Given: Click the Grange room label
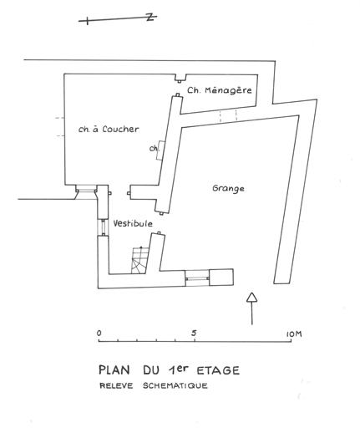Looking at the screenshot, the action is click(228, 189).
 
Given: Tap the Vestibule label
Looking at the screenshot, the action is click(133, 223).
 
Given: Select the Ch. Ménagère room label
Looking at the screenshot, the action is click(220, 90).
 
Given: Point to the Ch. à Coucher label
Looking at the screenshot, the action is click(109, 130).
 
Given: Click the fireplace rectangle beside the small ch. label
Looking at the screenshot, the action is click(160, 150).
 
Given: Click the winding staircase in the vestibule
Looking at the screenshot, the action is click(139, 260).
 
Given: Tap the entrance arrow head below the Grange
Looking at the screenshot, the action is click(251, 298).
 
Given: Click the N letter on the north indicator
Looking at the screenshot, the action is click(150, 18).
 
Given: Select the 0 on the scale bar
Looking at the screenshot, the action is click(99, 333).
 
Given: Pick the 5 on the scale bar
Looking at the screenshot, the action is click(194, 333).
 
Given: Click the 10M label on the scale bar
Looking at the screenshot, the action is click(294, 334).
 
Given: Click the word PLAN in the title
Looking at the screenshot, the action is click(114, 370).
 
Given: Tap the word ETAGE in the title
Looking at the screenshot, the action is click(218, 370).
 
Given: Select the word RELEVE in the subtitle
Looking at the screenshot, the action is click(116, 386).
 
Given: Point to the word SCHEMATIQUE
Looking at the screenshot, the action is click(175, 386).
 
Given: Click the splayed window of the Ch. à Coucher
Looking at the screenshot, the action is click(86, 191).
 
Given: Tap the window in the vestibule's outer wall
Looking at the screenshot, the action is click(104, 227).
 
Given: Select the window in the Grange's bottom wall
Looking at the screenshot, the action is click(197, 278).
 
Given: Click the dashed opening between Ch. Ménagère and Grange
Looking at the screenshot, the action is click(228, 115).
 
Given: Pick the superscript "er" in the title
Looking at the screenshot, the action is click(183, 369).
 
